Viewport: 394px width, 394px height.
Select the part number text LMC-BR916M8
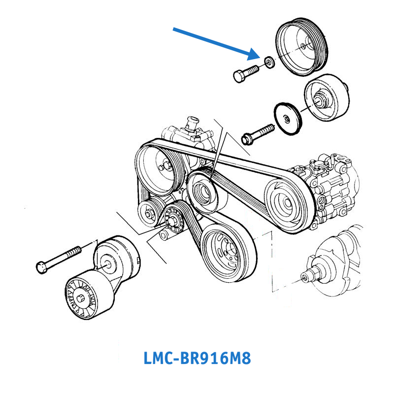197,358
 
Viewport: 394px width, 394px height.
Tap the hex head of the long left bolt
41,267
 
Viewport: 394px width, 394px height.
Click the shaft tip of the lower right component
306,279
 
